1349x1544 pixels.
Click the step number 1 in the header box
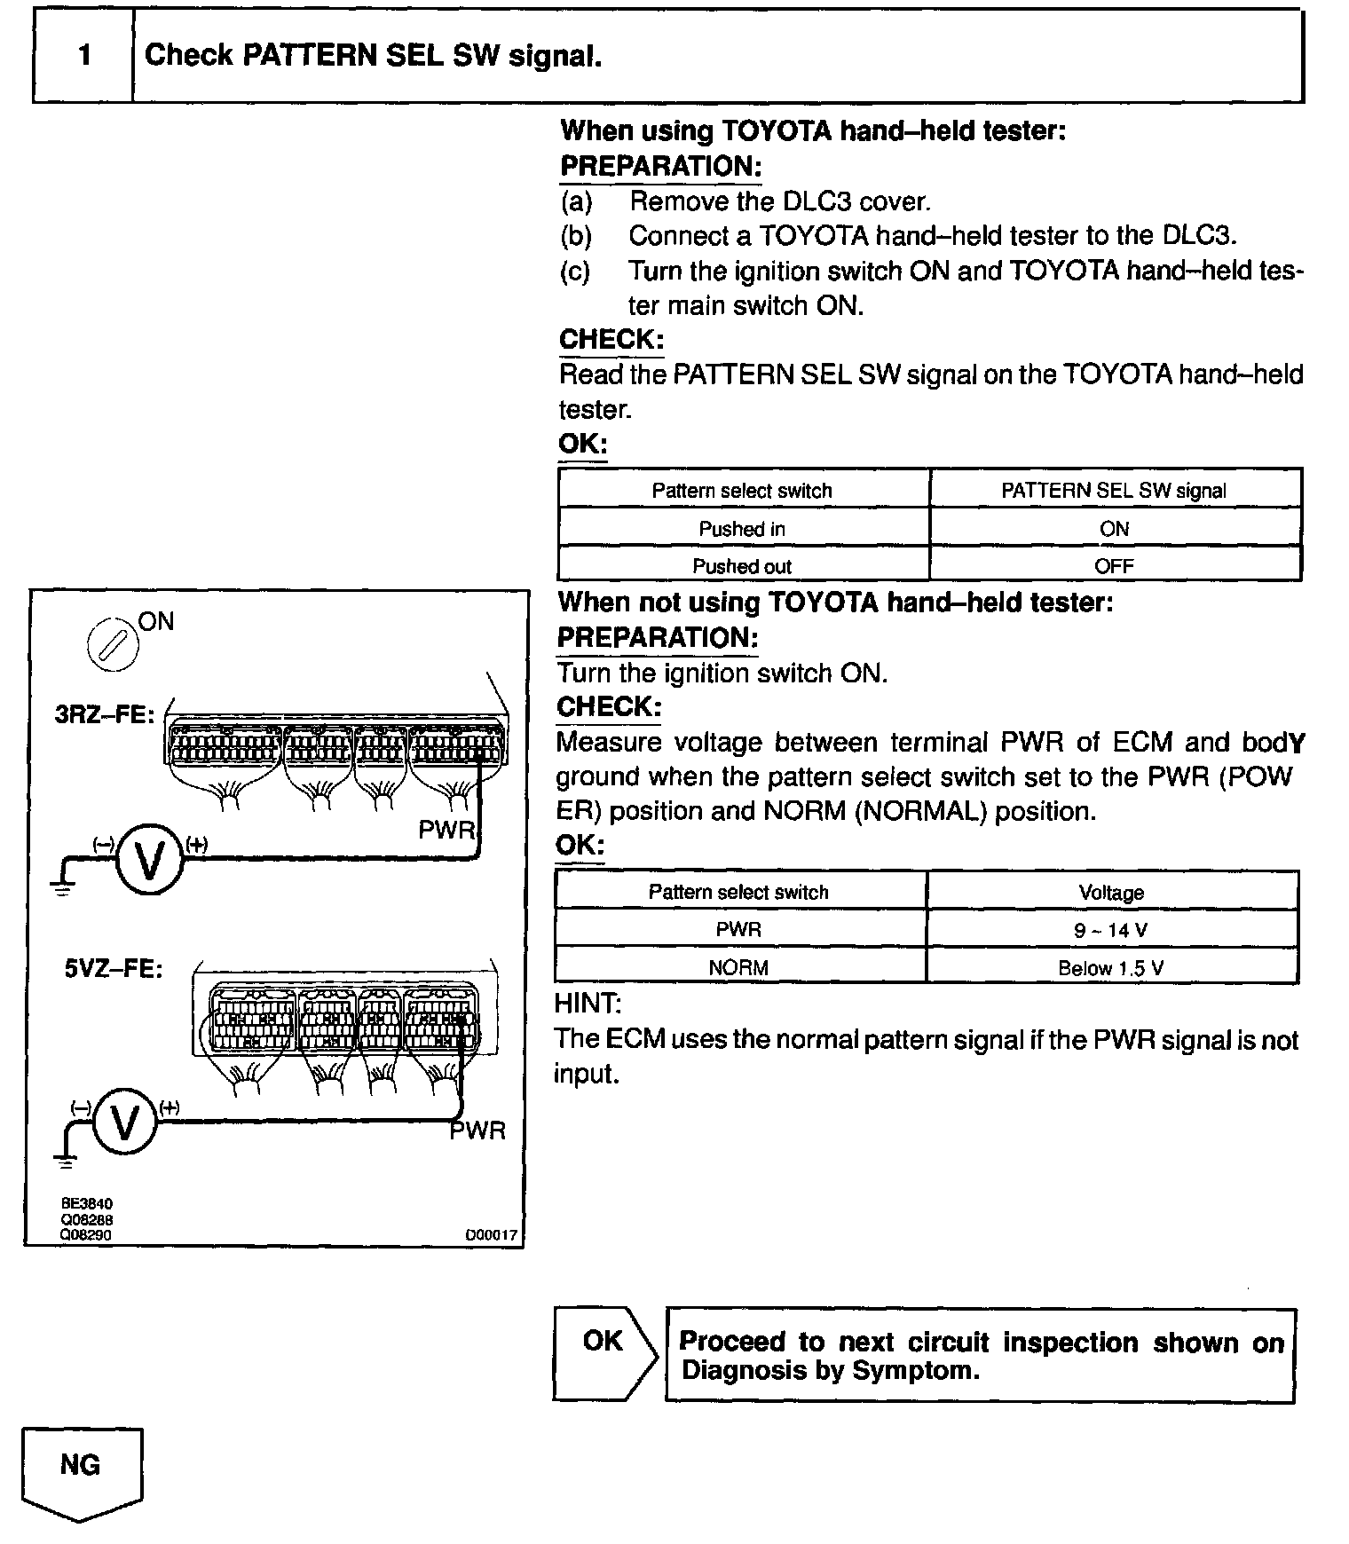coord(84,56)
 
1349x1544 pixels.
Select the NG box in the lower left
coord(81,1465)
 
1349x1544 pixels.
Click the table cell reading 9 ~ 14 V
coord(1111,930)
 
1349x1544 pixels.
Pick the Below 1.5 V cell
coord(1111,968)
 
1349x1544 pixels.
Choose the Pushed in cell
coord(742,529)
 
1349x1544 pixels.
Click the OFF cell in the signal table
coord(1114,566)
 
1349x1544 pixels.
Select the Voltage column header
coord(1111,892)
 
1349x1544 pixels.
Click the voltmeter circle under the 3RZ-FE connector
coord(149,860)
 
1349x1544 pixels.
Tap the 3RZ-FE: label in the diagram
coord(105,714)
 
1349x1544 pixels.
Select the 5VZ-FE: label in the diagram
coord(114,969)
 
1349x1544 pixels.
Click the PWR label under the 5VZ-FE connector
coord(478,1131)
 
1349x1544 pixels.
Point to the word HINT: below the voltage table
coord(588,1004)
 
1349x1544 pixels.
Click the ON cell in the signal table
coord(1114,529)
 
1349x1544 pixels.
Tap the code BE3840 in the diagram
coord(86,1204)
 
